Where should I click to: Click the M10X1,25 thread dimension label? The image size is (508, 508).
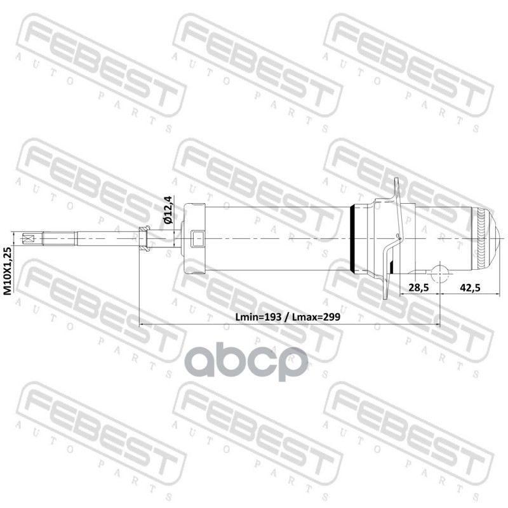(x=8, y=271)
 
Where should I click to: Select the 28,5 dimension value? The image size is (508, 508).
(x=418, y=288)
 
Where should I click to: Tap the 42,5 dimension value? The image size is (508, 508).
(x=469, y=288)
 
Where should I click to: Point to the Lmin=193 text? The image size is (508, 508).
(x=260, y=316)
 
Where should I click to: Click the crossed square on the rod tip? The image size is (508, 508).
(x=27, y=239)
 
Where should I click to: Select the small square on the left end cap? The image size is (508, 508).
(x=196, y=239)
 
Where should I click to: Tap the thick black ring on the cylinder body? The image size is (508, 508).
(x=353, y=239)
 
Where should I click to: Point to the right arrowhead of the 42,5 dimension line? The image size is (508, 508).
(x=493, y=296)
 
